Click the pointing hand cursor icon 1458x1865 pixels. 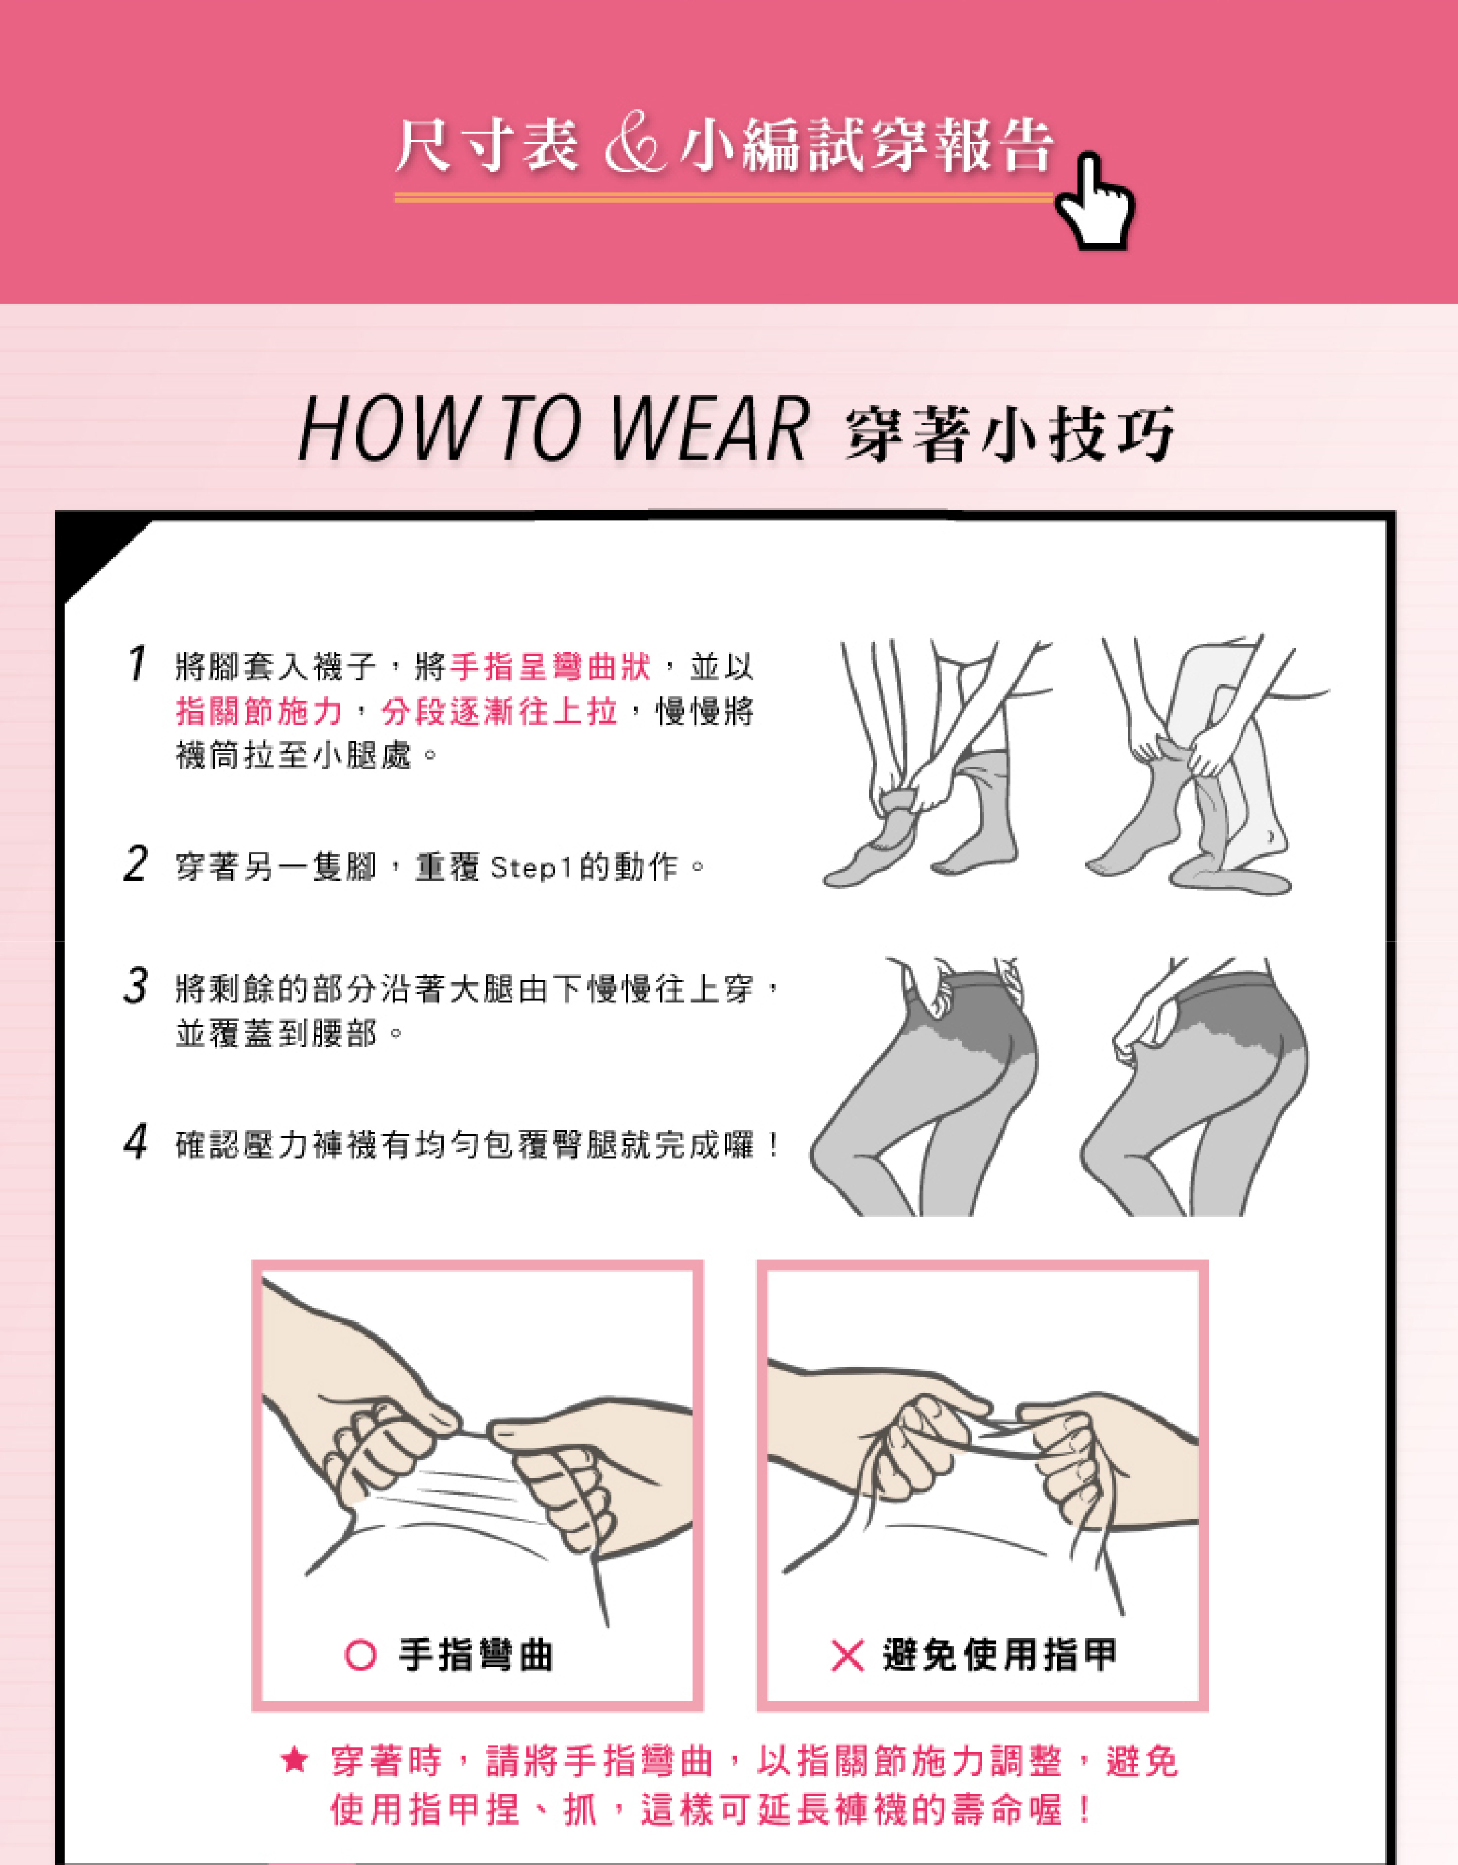[1095, 202]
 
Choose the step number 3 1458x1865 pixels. [136, 985]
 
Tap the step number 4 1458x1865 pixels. [136, 1142]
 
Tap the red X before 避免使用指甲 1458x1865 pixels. [847, 1655]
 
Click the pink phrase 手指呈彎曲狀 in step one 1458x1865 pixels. [551, 667]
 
